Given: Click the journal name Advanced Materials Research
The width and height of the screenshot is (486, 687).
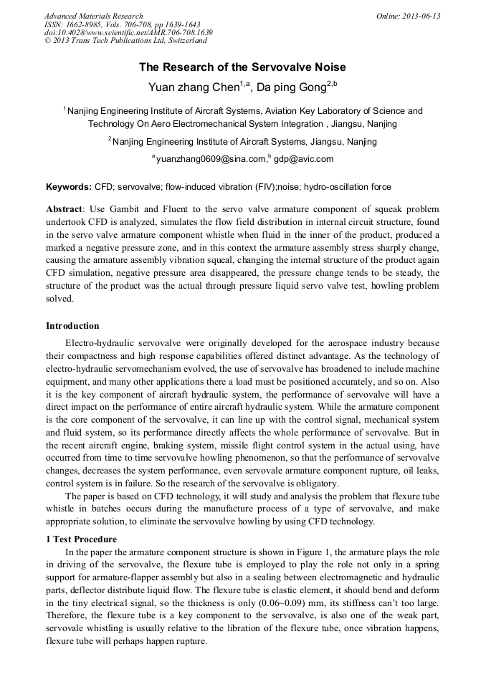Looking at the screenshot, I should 93,16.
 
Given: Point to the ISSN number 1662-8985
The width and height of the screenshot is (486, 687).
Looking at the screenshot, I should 86,24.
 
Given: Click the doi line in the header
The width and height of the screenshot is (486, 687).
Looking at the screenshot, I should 128,32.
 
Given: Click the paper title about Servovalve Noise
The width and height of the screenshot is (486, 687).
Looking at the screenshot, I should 242,67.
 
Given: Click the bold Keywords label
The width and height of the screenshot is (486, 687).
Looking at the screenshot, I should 69,187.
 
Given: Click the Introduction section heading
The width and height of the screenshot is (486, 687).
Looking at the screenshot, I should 72,326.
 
